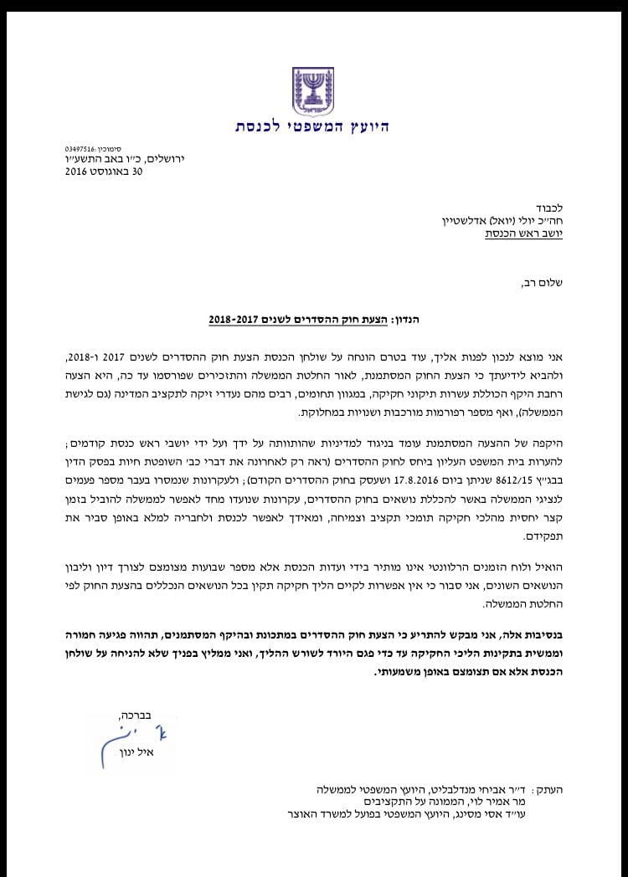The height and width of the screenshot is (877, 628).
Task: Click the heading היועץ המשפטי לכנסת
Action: tap(312, 127)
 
